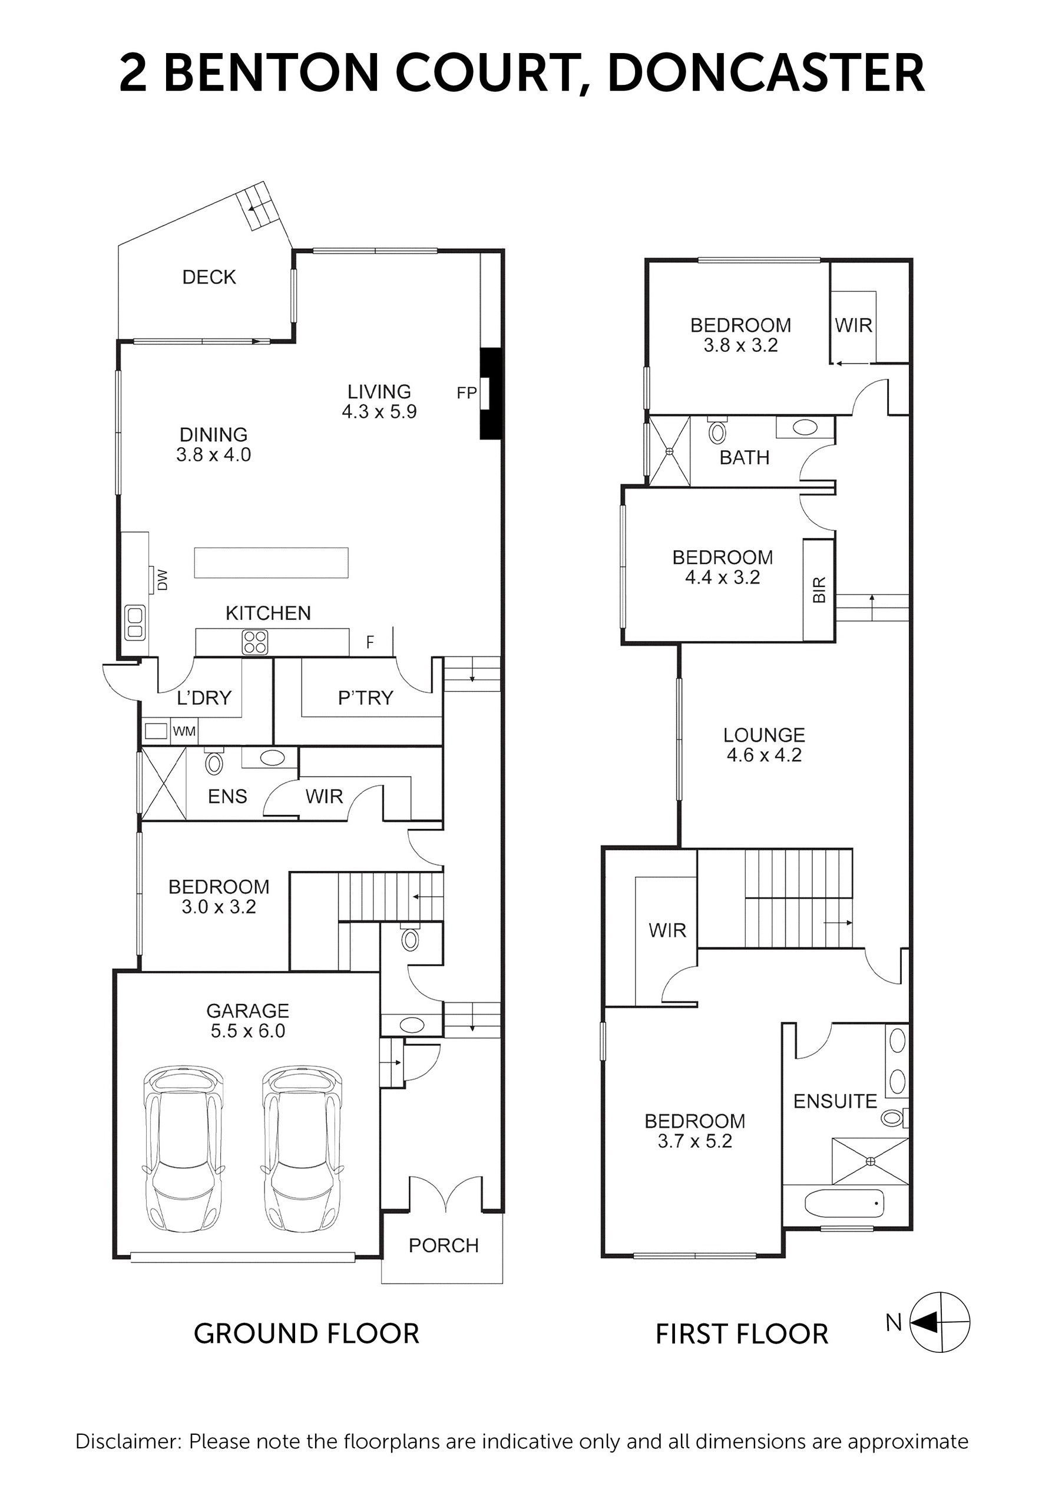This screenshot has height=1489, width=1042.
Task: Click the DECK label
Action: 209,277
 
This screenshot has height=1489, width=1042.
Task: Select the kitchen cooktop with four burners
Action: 254,642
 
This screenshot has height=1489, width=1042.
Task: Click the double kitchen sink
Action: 135,623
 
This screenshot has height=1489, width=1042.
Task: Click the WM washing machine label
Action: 184,731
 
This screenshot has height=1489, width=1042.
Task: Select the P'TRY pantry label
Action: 366,698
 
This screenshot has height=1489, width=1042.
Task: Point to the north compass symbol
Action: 940,1322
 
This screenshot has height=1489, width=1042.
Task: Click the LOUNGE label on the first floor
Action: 764,735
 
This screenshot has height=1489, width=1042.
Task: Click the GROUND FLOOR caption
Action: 307,1334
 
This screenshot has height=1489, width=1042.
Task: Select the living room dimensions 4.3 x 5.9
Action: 379,412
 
